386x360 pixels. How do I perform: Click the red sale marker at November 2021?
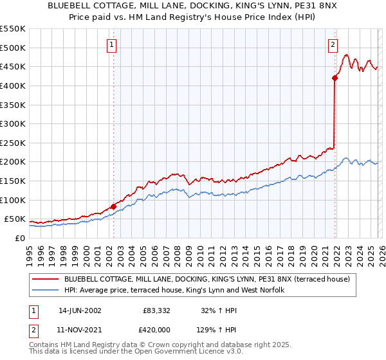pyautogui.click(x=335, y=78)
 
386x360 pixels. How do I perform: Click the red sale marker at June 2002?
pyautogui.click(x=113, y=206)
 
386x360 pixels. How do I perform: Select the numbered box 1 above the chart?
pyautogui.click(x=112, y=45)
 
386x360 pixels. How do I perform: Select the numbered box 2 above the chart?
pyautogui.click(x=333, y=45)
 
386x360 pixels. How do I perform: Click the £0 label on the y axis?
pyautogui.click(x=19, y=238)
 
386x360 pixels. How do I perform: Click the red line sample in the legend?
pyautogui.click(x=46, y=279)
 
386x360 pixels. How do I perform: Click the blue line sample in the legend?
pyautogui.click(x=46, y=291)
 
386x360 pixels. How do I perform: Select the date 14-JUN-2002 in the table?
pyautogui.click(x=79, y=310)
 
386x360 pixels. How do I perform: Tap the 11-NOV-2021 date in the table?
pyautogui.click(x=79, y=329)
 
